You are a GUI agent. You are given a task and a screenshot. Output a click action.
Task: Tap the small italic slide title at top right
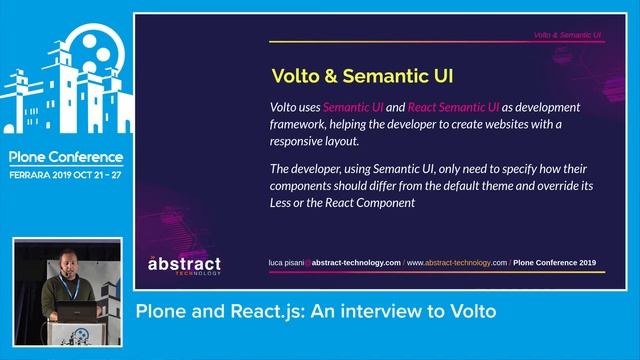[566, 35]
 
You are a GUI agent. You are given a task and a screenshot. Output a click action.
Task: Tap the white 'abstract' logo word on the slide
[185, 264]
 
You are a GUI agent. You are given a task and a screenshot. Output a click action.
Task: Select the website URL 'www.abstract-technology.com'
[456, 262]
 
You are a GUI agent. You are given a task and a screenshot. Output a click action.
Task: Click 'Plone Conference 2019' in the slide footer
[555, 262]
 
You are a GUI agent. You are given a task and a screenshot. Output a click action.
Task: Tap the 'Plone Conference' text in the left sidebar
[66, 157]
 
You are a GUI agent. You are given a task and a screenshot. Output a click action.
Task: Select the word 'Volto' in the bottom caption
[471, 311]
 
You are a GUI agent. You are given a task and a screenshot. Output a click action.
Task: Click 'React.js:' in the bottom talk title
[270, 311]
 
